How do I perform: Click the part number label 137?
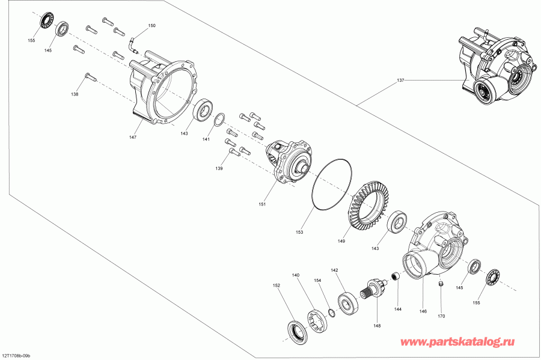pyautogui.click(x=400, y=79)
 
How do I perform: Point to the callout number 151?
pyautogui.click(x=263, y=204)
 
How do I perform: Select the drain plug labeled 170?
pyautogui.click(x=441, y=284)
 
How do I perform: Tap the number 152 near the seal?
pyautogui.click(x=277, y=285)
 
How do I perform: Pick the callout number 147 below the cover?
pyautogui.click(x=132, y=138)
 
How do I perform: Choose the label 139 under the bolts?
pyautogui.click(x=219, y=169)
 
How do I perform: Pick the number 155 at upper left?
pyautogui.click(x=31, y=41)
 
